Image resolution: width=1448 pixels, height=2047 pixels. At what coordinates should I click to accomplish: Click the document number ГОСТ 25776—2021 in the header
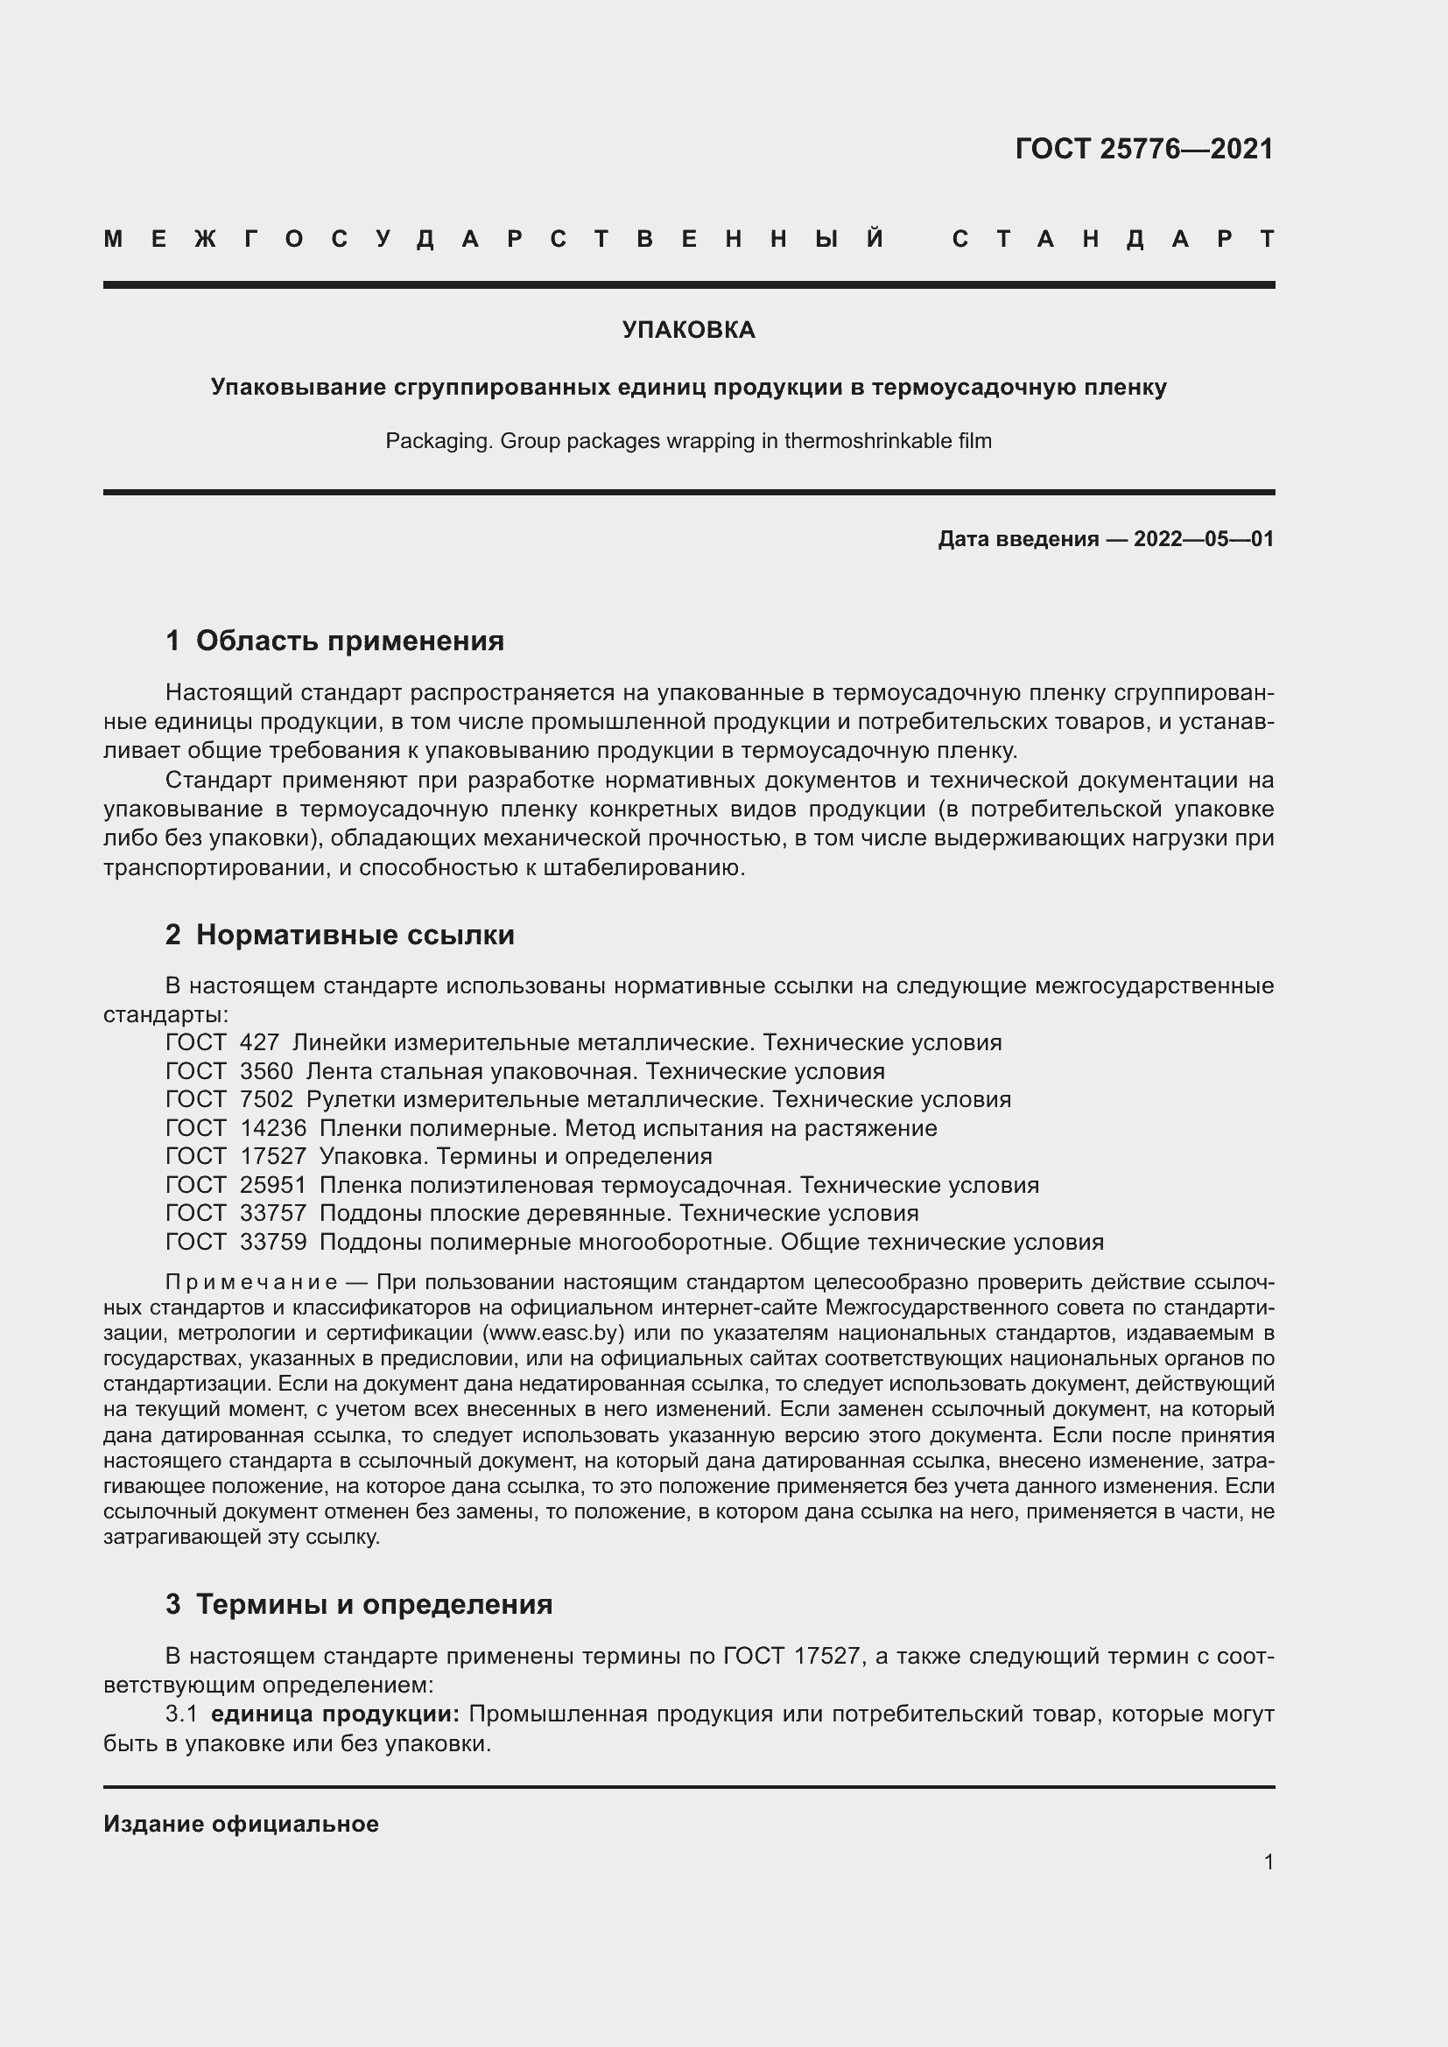[1144, 148]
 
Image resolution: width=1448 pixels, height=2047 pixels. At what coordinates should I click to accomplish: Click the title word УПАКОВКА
[688, 330]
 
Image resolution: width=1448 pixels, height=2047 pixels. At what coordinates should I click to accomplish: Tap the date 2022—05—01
[1203, 538]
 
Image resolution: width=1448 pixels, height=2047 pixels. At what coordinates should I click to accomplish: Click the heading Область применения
[349, 640]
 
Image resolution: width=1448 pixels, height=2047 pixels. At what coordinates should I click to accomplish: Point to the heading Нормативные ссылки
[355, 935]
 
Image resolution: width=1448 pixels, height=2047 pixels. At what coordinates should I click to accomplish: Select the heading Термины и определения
[374, 1604]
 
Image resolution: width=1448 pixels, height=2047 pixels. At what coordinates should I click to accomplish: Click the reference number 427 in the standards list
[259, 1042]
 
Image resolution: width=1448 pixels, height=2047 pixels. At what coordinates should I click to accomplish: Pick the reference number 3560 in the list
[266, 1070]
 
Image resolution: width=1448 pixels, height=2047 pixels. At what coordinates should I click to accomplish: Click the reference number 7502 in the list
[266, 1099]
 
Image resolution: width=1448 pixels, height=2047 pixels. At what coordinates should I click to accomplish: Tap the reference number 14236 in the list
[273, 1128]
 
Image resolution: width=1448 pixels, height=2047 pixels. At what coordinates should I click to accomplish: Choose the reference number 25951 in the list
[273, 1185]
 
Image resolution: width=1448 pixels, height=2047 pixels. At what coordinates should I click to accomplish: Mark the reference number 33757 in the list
[273, 1212]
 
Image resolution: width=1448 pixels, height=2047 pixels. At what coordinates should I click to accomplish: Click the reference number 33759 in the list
[273, 1242]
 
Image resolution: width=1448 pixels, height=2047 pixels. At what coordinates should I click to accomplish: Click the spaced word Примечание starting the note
[251, 1282]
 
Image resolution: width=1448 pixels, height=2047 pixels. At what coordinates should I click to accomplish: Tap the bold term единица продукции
[335, 1714]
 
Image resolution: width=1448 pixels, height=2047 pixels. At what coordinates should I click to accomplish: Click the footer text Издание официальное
[241, 1824]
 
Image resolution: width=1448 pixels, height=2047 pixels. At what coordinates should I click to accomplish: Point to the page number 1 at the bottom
[1269, 1861]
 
